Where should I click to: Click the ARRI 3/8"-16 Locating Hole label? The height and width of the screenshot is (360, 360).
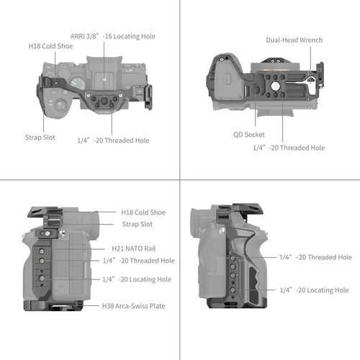click(123, 36)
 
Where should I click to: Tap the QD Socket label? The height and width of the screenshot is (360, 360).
click(249, 135)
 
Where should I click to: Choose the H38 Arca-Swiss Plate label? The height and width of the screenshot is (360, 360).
click(133, 306)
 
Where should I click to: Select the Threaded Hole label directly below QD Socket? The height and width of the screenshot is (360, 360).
click(288, 148)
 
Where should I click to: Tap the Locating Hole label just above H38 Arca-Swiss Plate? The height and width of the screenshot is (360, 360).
click(137, 279)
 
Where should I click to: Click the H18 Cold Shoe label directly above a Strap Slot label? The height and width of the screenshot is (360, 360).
click(143, 212)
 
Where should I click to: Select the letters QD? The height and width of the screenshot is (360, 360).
click(238, 135)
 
